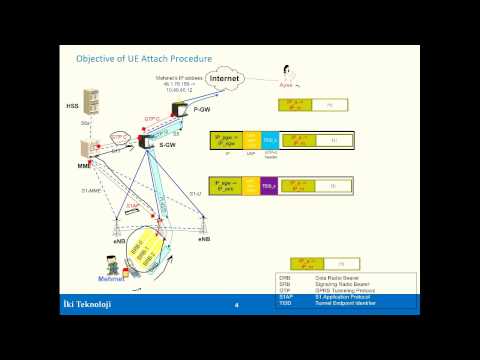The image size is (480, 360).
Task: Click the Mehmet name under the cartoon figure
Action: click(x=109, y=279)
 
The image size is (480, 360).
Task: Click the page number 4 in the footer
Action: click(x=236, y=305)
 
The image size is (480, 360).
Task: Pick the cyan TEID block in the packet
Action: click(x=270, y=141)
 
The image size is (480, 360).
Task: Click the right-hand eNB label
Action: click(x=204, y=240)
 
